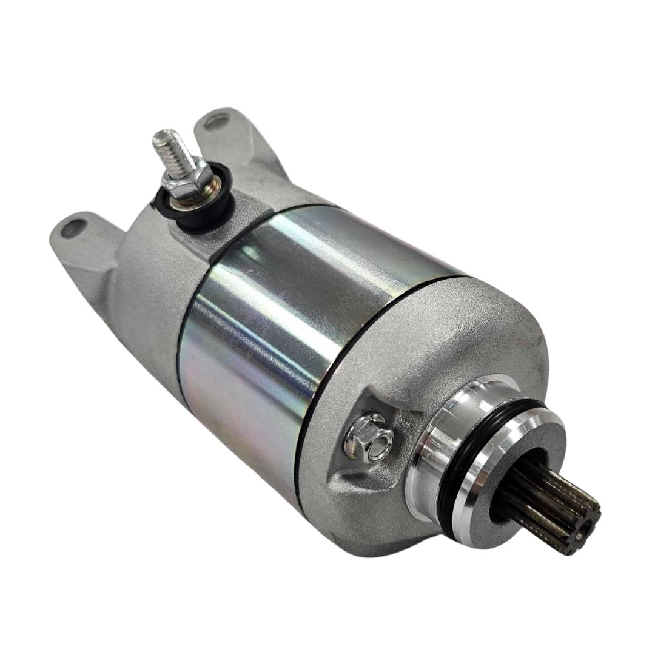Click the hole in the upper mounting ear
coord(213,121)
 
